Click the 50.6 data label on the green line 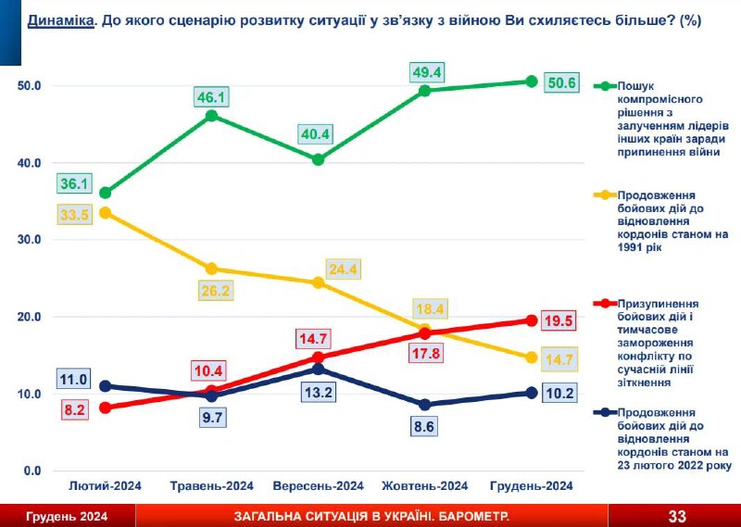tap(562, 82)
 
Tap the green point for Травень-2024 tap(211, 116)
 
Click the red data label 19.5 tap(559, 320)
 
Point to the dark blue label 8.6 tap(425, 428)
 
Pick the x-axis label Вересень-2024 tap(318, 485)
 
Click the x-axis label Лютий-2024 tap(105, 485)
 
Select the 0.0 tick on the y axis tap(32, 471)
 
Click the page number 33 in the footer tap(677, 516)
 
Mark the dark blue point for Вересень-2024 tap(318, 369)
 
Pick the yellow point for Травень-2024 tap(211, 269)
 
